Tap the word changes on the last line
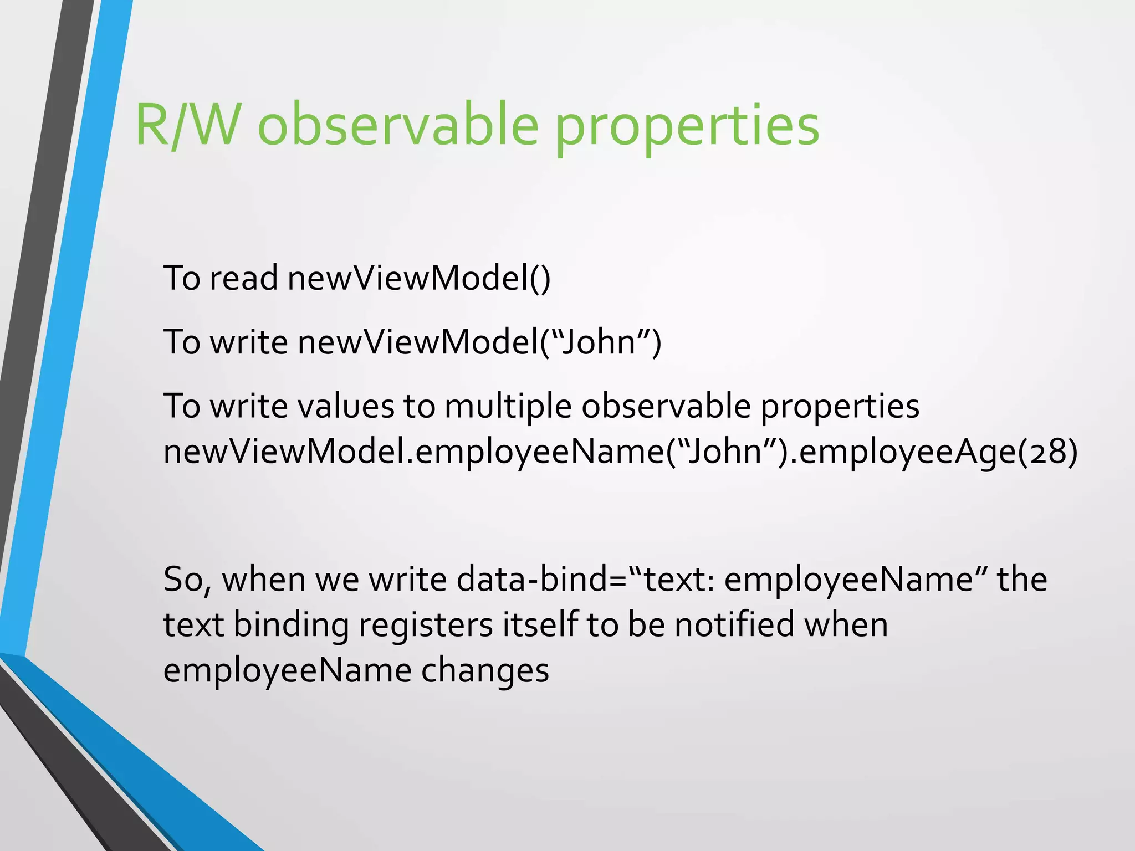click(x=485, y=670)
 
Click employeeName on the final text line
click(x=287, y=670)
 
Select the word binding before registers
click(x=290, y=625)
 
